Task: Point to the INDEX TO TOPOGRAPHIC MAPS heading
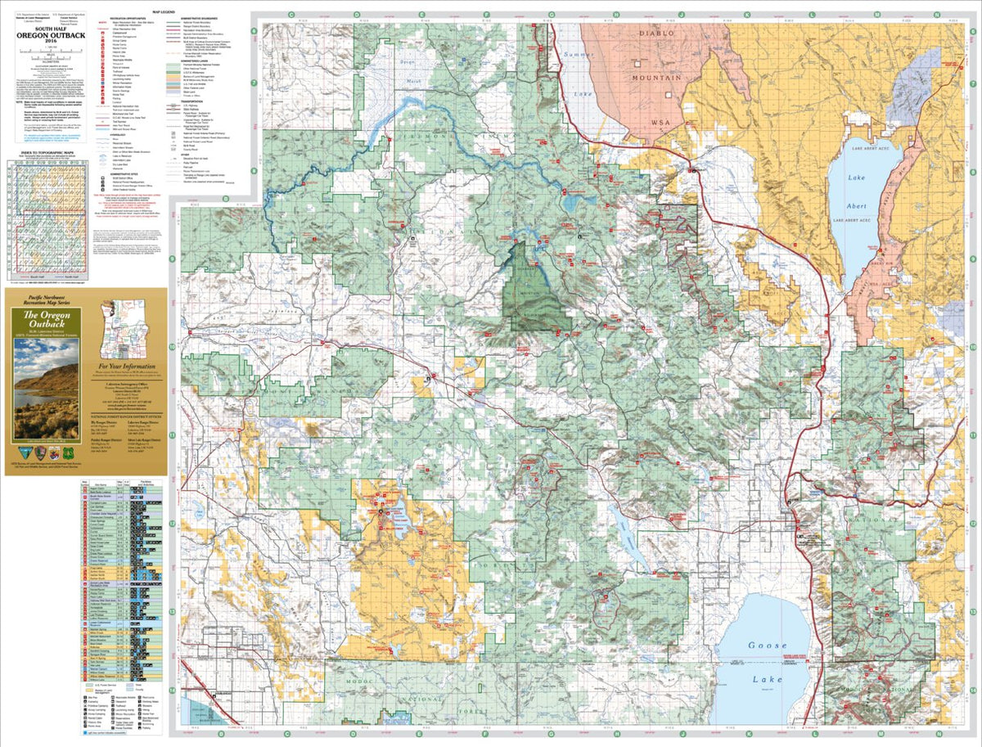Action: tap(46, 153)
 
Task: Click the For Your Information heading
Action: tap(128, 367)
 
